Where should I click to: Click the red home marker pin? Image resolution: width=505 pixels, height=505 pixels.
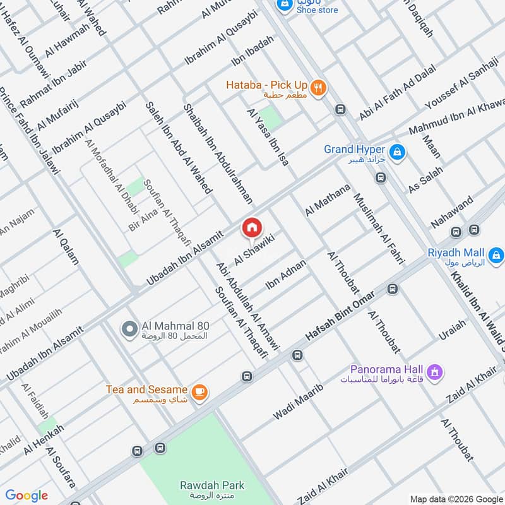[x=251, y=228]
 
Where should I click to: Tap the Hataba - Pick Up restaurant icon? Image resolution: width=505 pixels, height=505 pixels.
[x=318, y=88]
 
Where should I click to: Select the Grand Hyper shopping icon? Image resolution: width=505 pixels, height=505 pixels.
[x=398, y=151]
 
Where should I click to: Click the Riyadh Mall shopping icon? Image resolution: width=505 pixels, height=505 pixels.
[x=497, y=255]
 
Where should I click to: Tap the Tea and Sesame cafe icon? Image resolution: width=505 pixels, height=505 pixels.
[x=199, y=393]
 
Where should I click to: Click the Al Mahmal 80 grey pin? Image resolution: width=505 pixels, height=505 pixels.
[x=129, y=329]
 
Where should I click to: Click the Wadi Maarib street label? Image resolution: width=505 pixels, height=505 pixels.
[x=298, y=402]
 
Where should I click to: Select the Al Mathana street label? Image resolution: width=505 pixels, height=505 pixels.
[x=327, y=200]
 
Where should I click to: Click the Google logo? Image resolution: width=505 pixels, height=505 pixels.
[x=27, y=496]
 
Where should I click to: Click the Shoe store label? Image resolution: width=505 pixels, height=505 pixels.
[x=318, y=10]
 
